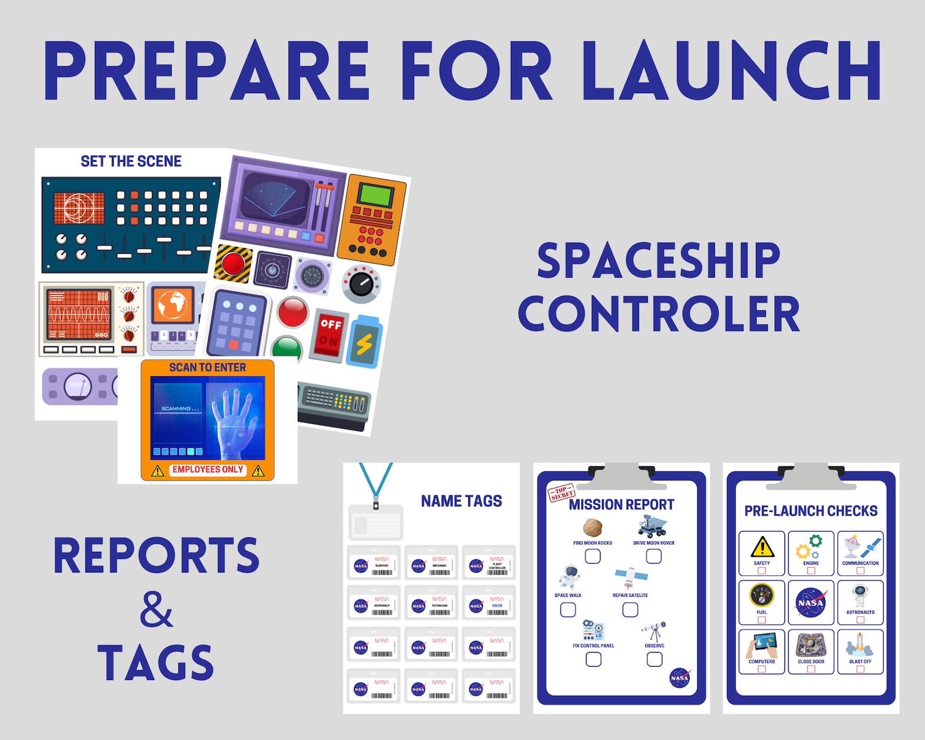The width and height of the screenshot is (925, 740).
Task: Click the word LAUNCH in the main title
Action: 732,71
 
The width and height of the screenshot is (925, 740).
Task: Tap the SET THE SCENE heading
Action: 131,161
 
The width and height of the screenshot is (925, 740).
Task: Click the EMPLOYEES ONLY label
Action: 207,470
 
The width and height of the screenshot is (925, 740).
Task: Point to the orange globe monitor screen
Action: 172,305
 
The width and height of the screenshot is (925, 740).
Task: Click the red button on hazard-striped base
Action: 233,263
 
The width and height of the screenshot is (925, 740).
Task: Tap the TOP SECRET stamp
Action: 562,493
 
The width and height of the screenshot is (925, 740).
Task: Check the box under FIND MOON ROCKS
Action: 592,557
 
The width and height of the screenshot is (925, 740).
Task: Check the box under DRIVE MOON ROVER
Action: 654,557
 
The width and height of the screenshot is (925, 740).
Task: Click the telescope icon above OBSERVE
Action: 654,631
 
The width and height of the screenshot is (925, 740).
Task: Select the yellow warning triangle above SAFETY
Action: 762,547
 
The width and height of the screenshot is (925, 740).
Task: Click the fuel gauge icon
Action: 762,596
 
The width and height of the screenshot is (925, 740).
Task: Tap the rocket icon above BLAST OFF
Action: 860,645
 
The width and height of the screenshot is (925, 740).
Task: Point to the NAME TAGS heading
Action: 461,501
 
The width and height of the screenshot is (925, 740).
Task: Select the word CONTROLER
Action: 659,314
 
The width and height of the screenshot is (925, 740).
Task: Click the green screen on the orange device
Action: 375,195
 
